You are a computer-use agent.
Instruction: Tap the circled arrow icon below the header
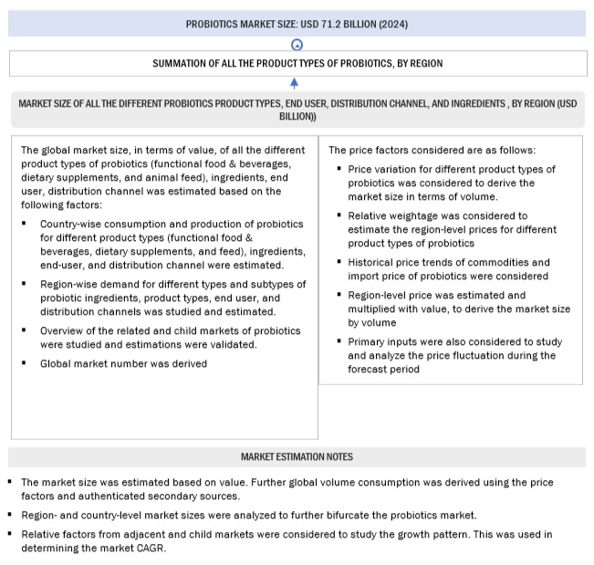coord(297,44)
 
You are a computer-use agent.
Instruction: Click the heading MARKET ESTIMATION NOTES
coord(297,456)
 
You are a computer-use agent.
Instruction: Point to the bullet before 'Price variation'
coord(339,170)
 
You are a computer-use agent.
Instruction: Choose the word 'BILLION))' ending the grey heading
coord(297,117)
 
